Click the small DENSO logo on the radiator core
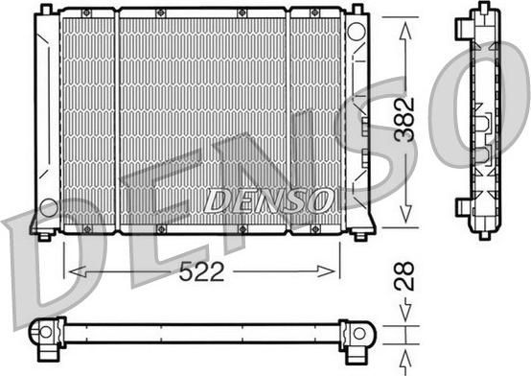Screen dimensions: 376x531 point(268,199)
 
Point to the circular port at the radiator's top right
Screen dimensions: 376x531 point(356,31)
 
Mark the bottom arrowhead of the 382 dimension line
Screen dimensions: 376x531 point(408,223)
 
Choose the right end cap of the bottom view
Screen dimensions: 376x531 point(359,333)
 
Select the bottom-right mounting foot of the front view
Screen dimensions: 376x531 point(360,234)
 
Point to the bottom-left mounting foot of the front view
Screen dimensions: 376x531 point(42,234)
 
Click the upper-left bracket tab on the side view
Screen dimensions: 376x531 point(463,20)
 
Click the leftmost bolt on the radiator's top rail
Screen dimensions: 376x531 point(86,12)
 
